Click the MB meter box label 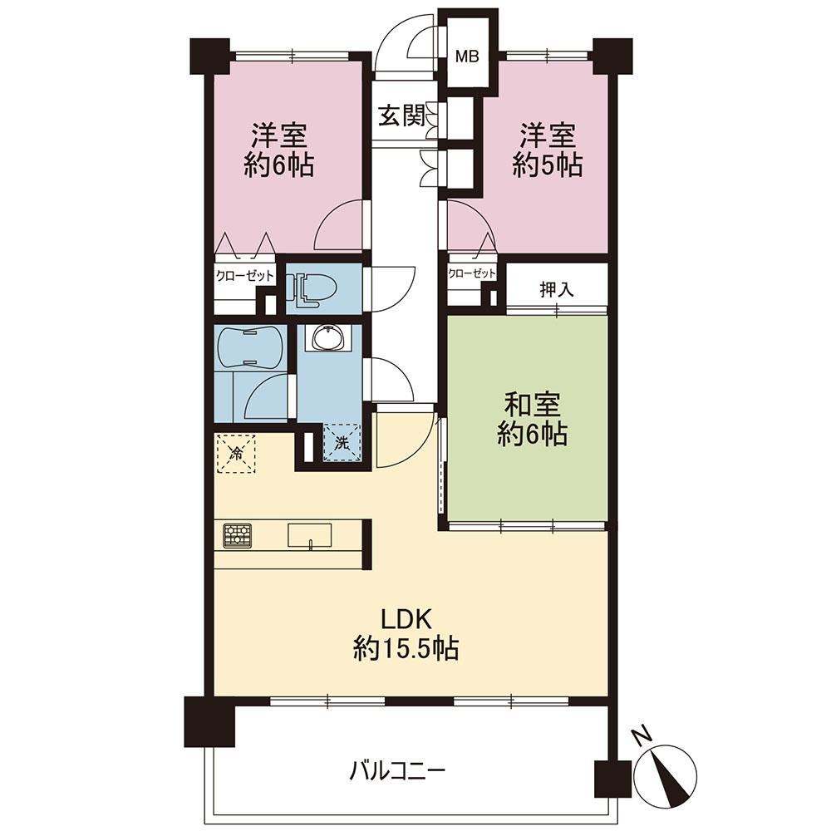click(x=467, y=56)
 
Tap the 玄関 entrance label click(x=401, y=115)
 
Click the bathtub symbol click(x=250, y=347)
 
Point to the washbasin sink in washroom click(x=329, y=337)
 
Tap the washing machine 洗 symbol click(x=342, y=443)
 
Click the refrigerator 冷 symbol click(x=236, y=453)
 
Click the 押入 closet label click(x=557, y=289)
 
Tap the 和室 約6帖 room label click(x=532, y=420)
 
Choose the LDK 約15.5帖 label click(x=406, y=633)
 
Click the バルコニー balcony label click(x=397, y=772)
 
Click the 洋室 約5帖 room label click(x=548, y=150)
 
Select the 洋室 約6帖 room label click(x=278, y=150)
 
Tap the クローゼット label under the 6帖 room click(x=245, y=276)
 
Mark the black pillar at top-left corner click(x=210, y=57)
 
